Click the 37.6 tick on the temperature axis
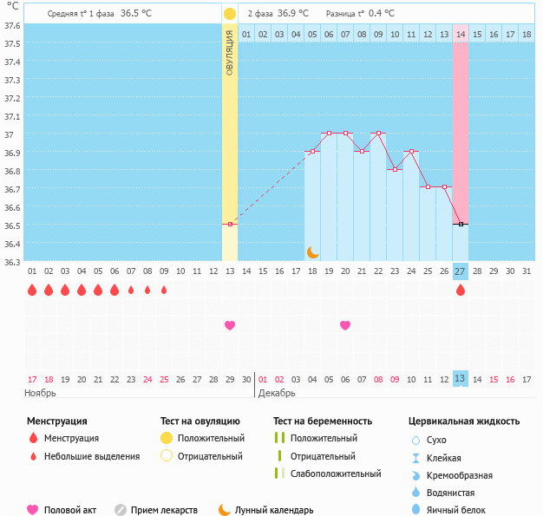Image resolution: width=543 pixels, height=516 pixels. point(12,26)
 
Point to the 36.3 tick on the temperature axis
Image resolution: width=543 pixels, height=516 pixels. point(12,261)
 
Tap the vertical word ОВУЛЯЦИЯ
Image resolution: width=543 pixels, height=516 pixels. point(230,52)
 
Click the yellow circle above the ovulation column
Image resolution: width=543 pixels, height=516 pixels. point(230,14)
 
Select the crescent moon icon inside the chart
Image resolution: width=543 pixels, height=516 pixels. point(313,252)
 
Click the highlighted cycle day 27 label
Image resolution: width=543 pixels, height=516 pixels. point(461,271)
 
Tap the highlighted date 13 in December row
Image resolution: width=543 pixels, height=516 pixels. point(461,378)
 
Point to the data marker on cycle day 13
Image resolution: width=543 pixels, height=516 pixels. point(230,225)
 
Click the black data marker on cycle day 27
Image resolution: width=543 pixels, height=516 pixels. point(461,225)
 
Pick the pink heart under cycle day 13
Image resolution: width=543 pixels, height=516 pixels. point(230,325)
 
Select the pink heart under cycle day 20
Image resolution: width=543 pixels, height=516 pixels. point(345,325)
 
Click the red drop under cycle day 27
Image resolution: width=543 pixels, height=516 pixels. point(461,291)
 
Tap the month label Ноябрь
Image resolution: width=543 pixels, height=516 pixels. point(41,393)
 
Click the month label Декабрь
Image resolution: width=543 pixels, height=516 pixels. point(278,393)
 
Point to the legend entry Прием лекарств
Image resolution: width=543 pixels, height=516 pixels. point(164,510)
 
